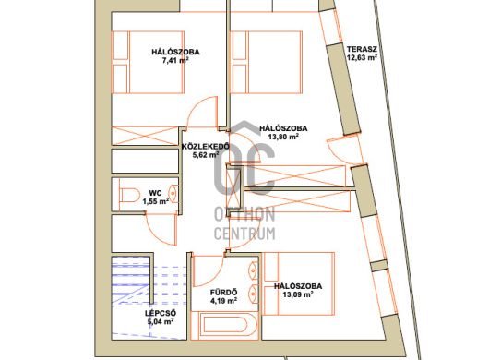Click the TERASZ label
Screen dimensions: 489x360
[362, 49]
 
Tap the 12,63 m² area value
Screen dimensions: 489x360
[362, 57]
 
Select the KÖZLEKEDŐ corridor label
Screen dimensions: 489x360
[206, 147]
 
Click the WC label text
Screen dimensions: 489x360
[155, 193]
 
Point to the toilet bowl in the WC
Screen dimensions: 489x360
[129, 196]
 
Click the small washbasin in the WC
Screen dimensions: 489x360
[173, 194]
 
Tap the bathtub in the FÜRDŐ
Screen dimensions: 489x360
[224, 325]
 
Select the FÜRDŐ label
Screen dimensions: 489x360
[223, 293]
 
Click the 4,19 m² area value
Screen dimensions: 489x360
[223, 301]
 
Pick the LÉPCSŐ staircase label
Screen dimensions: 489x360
[161, 313]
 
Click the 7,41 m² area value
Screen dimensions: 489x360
[175, 60]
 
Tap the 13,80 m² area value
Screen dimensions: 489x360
[283, 137]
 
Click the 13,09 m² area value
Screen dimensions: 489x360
[298, 294]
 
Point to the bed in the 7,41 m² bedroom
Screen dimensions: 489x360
[148, 62]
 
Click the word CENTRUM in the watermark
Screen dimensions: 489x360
[244, 234]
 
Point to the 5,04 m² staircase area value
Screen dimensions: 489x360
[161, 321]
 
